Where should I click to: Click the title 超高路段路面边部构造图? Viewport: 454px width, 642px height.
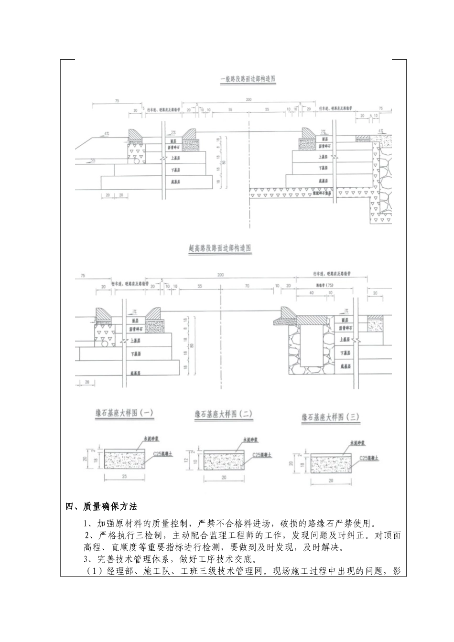220,249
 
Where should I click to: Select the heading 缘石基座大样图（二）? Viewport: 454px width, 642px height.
223,414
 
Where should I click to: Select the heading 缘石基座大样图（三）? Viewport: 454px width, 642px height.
330,417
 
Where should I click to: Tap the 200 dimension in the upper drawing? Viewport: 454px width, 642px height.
249,100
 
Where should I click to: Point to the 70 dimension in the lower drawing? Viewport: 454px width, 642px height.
247,286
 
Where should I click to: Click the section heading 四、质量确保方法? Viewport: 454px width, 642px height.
101,506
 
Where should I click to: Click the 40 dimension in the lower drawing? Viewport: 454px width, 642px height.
312,292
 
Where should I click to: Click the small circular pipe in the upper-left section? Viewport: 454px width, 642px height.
136,162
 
